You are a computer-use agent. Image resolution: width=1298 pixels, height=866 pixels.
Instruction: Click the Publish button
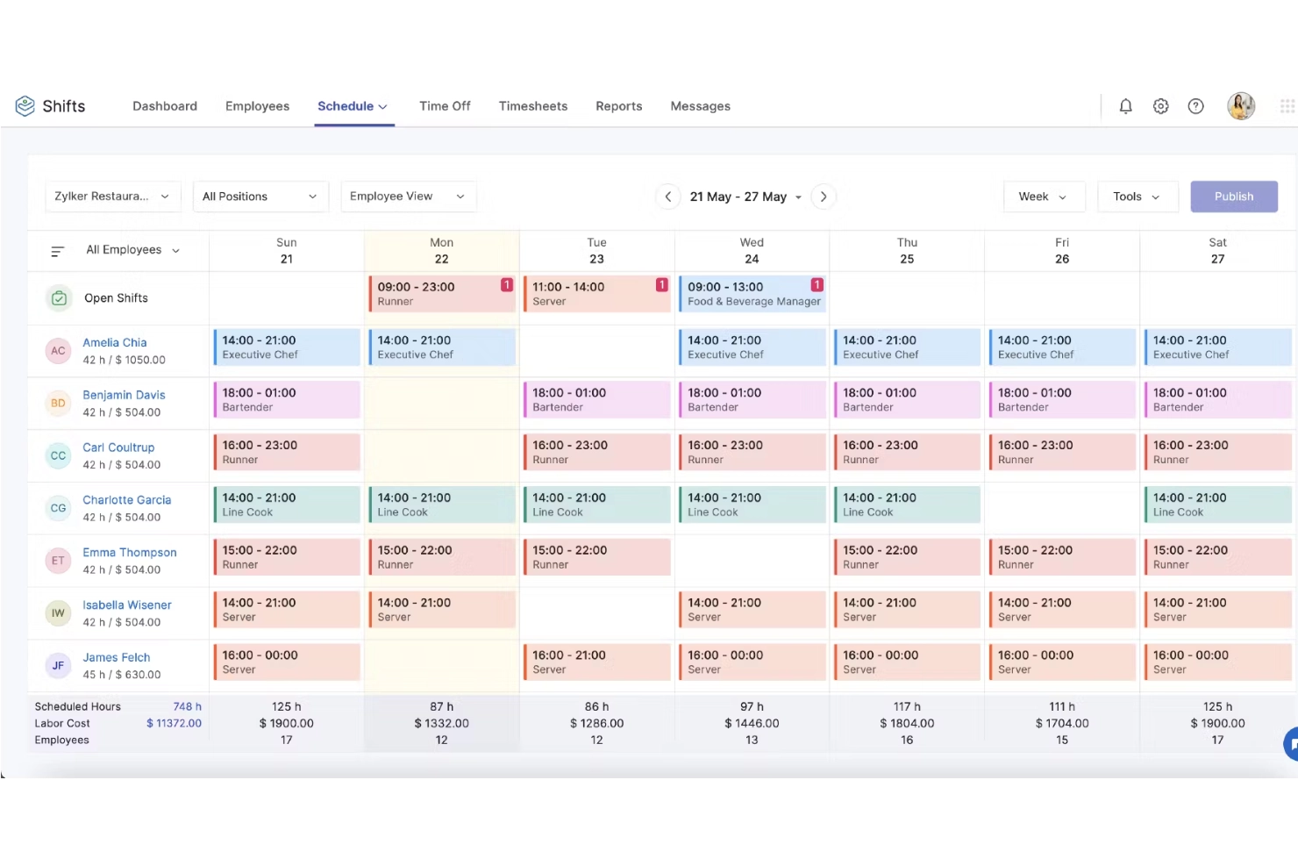pyautogui.click(x=1233, y=197)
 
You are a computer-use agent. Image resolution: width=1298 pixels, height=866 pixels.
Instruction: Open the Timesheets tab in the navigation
pyautogui.click(x=533, y=106)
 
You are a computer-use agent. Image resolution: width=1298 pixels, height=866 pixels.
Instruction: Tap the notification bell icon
pyautogui.click(x=1125, y=106)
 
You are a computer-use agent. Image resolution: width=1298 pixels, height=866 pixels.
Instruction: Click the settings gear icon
pyautogui.click(x=1160, y=106)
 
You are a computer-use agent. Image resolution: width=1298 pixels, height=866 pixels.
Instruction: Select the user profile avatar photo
pyautogui.click(x=1241, y=106)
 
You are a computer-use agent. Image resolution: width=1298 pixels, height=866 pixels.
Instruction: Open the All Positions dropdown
pyautogui.click(x=260, y=197)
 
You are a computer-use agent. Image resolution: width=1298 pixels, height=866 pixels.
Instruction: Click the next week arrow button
pyautogui.click(x=824, y=197)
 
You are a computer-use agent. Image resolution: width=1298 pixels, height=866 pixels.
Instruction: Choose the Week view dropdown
pyautogui.click(x=1043, y=197)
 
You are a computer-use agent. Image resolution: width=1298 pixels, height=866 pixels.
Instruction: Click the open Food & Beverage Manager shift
pyautogui.click(x=752, y=294)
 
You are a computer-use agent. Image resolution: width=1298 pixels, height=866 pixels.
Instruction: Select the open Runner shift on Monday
pyautogui.click(x=441, y=294)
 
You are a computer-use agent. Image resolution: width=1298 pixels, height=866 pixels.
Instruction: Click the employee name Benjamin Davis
pyautogui.click(x=124, y=395)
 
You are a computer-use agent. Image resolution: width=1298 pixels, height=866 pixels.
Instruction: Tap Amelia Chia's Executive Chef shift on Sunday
pyautogui.click(x=287, y=347)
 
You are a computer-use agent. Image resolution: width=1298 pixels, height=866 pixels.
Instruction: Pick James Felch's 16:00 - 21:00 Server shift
pyautogui.click(x=596, y=662)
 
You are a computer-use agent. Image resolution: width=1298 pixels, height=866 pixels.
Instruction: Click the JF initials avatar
pyautogui.click(x=58, y=666)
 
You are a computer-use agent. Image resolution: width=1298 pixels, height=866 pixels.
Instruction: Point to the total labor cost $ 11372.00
pyautogui.click(x=174, y=724)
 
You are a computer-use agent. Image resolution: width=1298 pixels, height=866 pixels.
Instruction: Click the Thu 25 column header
pyautogui.click(x=907, y=251)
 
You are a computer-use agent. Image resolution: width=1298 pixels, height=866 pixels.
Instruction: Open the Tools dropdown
pyautogui.click(x=1136, y=197)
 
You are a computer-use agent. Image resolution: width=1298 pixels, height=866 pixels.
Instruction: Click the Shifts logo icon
pyautogui.click(x=25, y=106)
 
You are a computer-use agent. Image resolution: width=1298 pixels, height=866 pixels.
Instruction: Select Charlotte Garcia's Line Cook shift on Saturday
pyautogui.click(x=1216, y=505)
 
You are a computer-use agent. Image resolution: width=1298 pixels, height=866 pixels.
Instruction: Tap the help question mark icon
pyautogui.click(x=1195, y=106)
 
